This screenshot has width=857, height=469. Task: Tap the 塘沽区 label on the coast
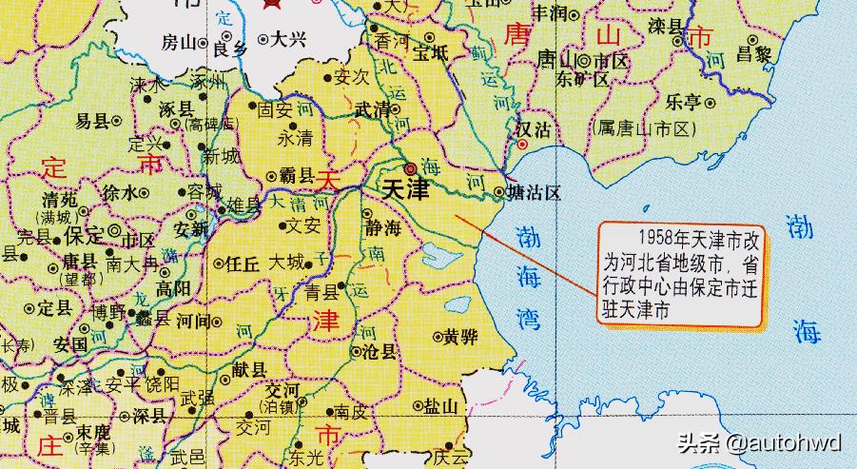(x=536, y=193)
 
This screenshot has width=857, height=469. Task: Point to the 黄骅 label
(x=459, y=336)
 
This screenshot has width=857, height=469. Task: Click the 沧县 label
(x=380, y=351)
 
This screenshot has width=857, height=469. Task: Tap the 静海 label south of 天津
(x=382, y=228)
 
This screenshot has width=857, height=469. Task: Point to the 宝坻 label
(x=429, y=54)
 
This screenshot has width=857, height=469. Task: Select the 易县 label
(x=92, y=121)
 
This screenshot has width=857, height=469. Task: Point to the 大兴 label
(x=286, y=41)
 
